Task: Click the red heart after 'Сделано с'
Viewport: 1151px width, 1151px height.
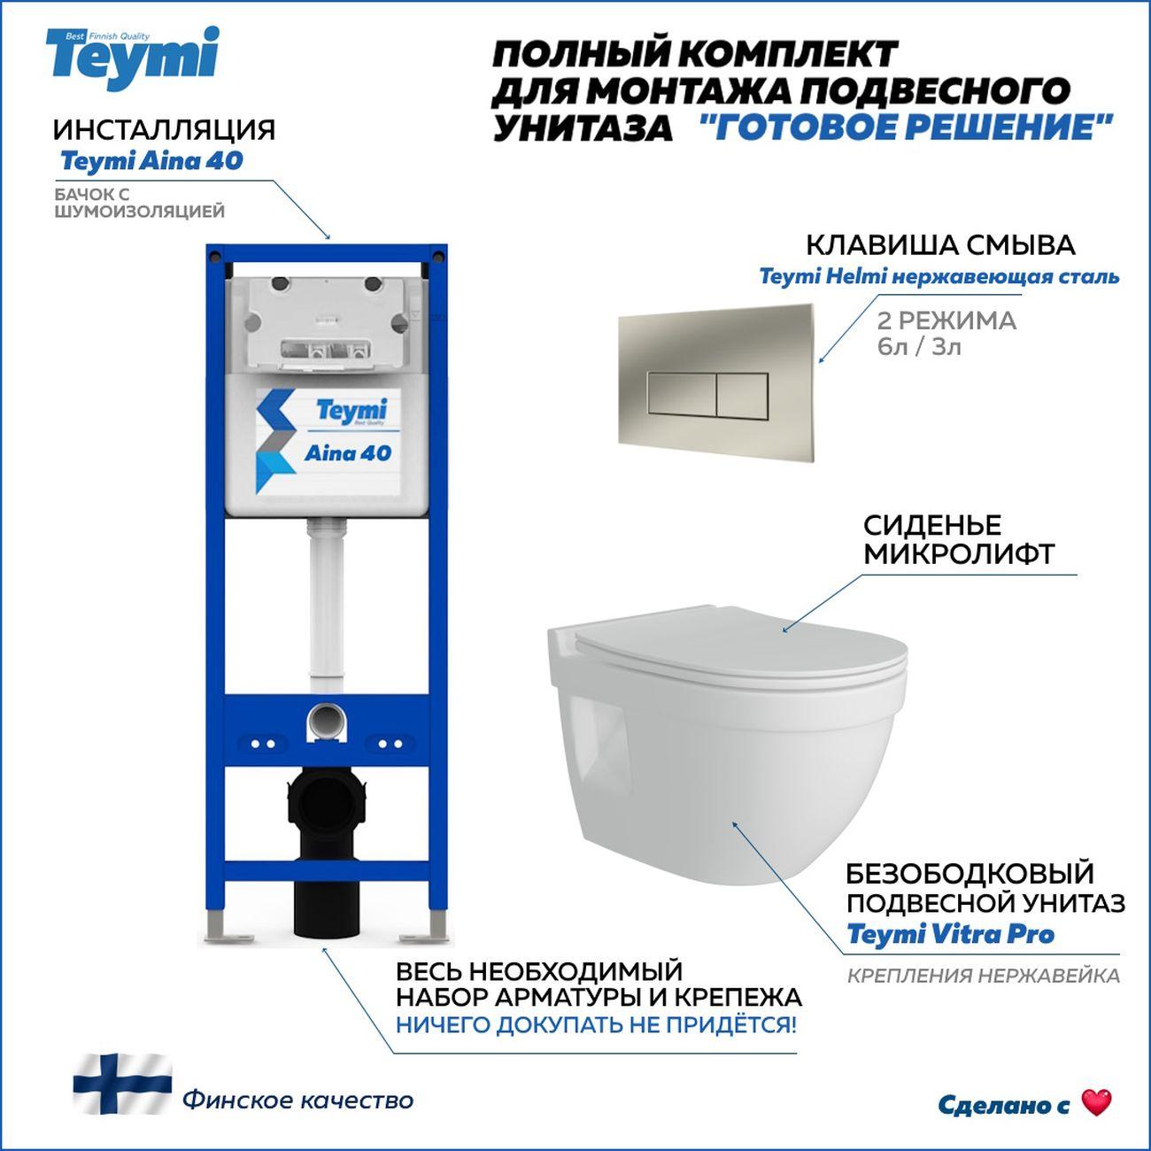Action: click(1097, 1102)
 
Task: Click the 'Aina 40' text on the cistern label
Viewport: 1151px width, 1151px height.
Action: click(348, 453)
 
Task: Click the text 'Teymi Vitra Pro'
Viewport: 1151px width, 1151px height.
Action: click(951, 934)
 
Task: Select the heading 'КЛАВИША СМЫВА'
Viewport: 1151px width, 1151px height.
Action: click(941, 245)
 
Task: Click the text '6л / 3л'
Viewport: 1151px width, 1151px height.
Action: click(919, 347)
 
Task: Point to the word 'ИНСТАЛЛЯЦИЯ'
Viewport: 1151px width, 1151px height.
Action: click(165, 129)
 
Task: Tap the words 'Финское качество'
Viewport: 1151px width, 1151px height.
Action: click(298, 1100)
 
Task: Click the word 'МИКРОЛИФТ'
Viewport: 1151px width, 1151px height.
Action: click(959, 553)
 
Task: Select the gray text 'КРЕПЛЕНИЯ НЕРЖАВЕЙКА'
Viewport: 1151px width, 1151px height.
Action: click(984, 976)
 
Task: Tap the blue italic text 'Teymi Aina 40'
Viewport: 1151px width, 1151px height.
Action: click(151, 161)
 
